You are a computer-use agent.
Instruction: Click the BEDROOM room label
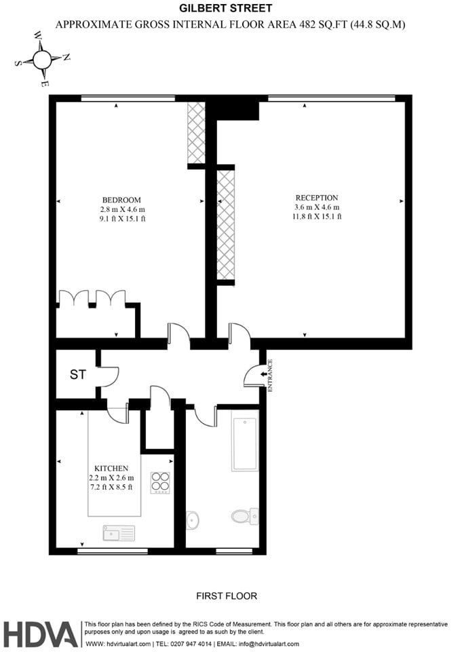tap(121, 200)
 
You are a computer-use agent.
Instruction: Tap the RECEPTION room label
tap(317, 198)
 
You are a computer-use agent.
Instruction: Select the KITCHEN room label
tap(111, 468)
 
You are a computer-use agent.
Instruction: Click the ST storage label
tap(78, 375)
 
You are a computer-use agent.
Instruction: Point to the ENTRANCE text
tap(270, 376)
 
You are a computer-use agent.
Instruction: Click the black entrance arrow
tap(263, 375)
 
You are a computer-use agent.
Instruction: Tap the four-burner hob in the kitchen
tap(160, 483)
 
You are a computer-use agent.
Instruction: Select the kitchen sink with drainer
tap(119, 533)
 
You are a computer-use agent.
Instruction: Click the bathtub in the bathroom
tap(245, 444)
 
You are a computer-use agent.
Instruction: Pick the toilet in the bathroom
tap(245, 516)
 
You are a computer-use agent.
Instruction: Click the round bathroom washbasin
tap(193, 520)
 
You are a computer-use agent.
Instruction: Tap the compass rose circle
tap(41, 60)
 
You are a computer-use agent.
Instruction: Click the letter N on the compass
tap(66, 57)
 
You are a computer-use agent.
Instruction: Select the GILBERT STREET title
tap(226, 8)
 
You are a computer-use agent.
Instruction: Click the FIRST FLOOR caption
tap(227, 596)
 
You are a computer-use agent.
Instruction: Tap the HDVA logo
tap(41, 634)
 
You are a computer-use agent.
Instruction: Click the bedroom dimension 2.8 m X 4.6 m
tap(122, 210)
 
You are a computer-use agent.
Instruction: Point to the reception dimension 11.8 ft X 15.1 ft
tap(317, 216)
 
